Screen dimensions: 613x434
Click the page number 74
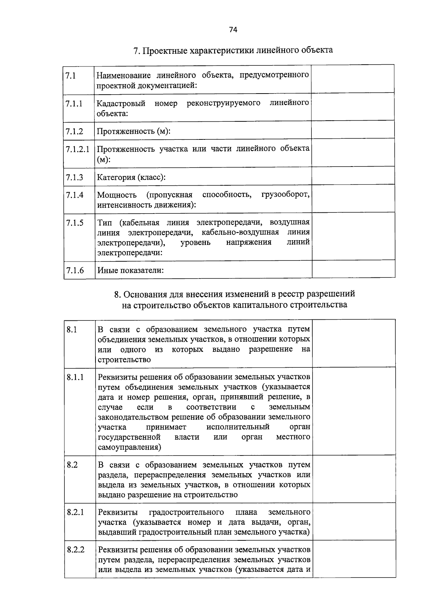pyautogui.click(x=233, y=30)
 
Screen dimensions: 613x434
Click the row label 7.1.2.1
pyautogui.click(x=77, y=149)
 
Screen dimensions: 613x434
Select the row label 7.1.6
pyautogui.click(x=75, y=270)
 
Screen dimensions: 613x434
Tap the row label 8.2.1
pyautogui.click(x=75, y=512)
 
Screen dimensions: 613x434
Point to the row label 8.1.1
pyautogui.click(x=75, y=377)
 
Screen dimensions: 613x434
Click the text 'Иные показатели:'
pyautogui.click(x=130, y=270)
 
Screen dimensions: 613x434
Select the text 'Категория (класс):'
pyautogui.click(x=131, y=177)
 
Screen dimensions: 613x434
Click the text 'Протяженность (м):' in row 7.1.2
pyautogui.click(x=133, y=131)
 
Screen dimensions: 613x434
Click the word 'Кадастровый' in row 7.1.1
pyautogui.click(x=121, y=103)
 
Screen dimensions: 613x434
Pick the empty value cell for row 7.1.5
pyautogui.click(x=353, y=236)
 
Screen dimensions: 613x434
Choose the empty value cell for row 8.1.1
pyautogui.click(x=354, y=411)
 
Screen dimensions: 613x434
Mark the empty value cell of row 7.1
pyautogui.click(x=353, y=79)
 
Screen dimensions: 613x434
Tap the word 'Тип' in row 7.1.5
pyautogui.click(x=105, y=222)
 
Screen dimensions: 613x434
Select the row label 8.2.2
pyautogui.click(x=76, y=549)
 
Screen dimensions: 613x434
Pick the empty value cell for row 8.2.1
pyautogui.click(x=354, y=521)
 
